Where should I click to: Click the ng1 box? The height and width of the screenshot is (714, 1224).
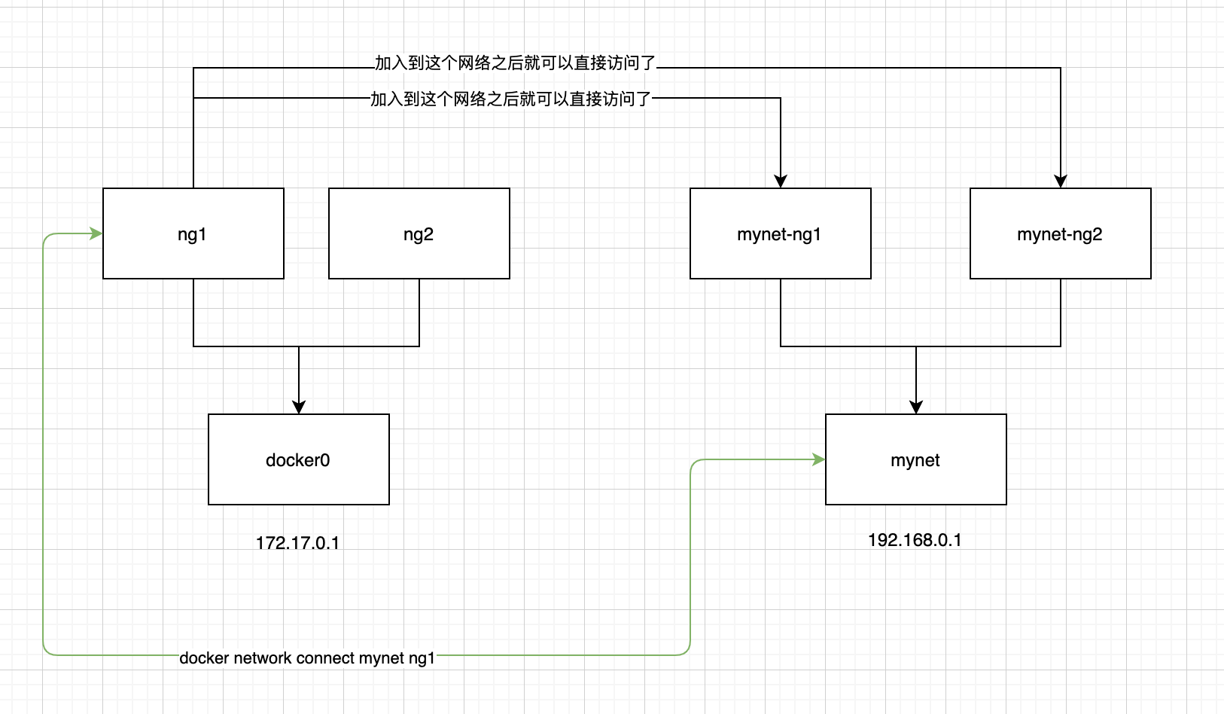[193, 233]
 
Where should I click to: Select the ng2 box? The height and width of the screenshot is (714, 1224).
[419, 233]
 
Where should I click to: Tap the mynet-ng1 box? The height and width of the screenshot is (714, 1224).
[781, 233]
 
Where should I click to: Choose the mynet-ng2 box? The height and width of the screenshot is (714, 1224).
[1061, 233]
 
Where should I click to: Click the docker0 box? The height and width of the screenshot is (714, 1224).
[299, 459]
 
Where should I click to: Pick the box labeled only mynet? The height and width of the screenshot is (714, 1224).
[916, 459]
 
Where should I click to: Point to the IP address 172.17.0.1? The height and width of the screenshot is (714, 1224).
[298, 543]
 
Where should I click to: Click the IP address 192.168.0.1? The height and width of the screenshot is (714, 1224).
[915, 540]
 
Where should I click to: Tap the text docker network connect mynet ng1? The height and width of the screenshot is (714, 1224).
[307, 658]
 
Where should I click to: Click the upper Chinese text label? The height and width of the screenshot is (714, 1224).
[515, 63]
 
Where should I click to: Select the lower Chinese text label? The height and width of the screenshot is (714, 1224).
[511, 99]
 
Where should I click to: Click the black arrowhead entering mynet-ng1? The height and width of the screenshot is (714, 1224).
[781, 182]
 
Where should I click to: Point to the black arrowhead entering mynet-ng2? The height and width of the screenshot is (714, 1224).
[1061, 182]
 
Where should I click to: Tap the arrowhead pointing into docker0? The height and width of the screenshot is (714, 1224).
[299, 407]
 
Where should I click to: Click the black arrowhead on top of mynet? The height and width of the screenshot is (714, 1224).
[916, 407]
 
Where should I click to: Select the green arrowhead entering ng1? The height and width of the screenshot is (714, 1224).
[96, 233]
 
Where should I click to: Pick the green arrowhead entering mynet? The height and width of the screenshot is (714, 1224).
[818, 459]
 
